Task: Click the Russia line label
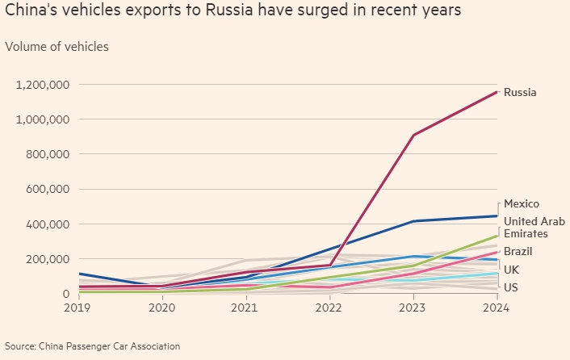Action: point(520,92)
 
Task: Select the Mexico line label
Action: point(521,204)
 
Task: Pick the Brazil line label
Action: point(519,251)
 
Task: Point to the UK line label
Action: point(511,269)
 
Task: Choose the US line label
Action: point(511,287)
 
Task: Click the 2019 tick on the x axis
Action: point(79,308)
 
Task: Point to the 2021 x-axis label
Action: point(245,308)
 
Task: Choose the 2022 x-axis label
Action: point(329,308)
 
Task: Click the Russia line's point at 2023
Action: point(413,135)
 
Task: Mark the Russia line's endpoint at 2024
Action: point(497,92)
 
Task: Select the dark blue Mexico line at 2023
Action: point(413,221)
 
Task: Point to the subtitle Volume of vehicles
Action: point(57,46)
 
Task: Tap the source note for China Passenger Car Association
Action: point(92,346)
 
